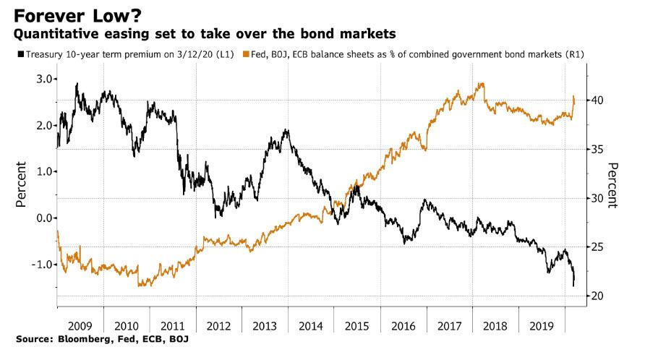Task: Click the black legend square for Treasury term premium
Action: [x=19, y=54]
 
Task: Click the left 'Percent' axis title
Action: [x=20, y=184]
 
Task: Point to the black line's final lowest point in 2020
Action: [x=573, y=286]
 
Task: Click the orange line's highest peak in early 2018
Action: [x=481, y=84]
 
